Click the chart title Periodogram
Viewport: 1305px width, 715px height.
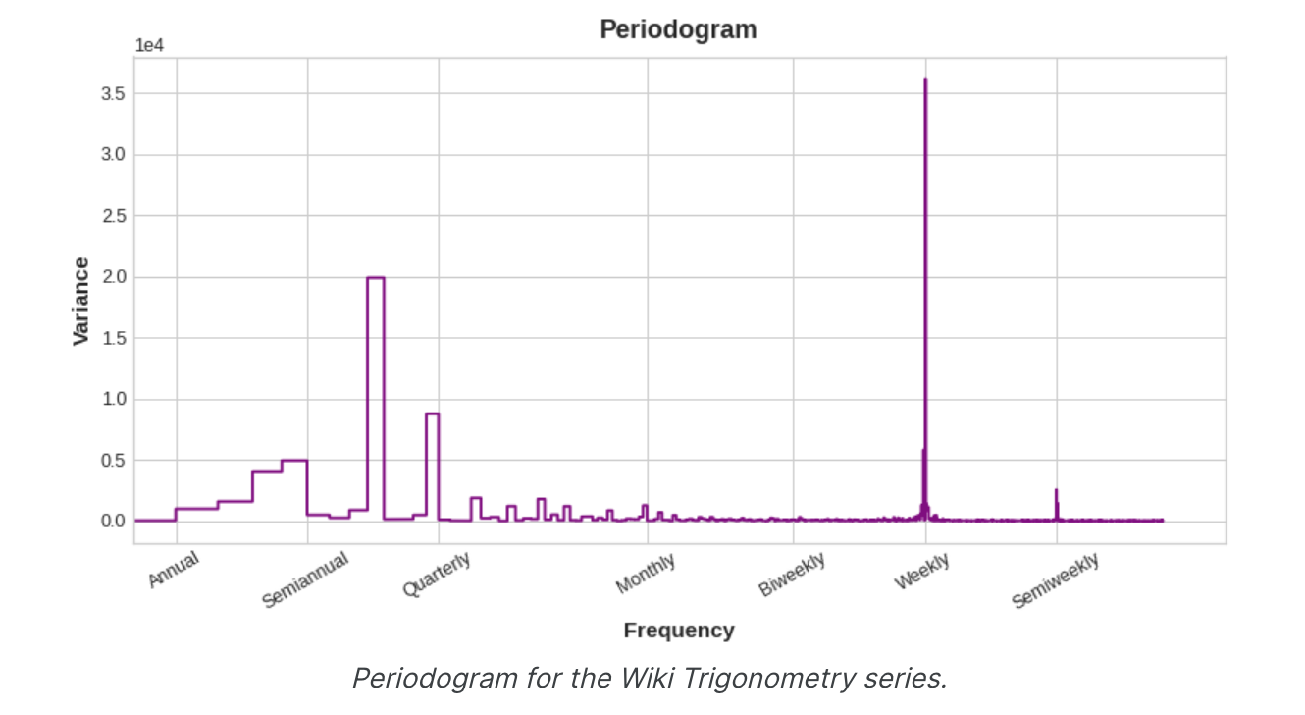(678, 29)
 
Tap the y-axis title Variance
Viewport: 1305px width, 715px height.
(81, 301)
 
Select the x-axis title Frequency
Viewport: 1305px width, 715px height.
(678, 631)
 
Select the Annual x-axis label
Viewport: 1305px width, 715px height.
(174, 570)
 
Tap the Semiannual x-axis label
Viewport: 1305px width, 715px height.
(305, 579)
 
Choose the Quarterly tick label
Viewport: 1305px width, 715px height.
(437, 575)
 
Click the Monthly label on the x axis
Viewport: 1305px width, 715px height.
(646, 574)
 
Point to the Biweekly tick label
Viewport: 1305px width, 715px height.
(792, 575)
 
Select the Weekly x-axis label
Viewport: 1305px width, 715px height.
(921, 572)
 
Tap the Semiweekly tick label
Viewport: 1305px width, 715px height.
(1056, 580)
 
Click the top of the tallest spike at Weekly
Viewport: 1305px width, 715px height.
(925, 80)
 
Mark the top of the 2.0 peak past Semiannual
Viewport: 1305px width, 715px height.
(375, 278)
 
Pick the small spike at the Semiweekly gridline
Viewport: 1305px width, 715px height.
(1056, 491)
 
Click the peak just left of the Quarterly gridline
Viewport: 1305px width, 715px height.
(432, 414)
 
